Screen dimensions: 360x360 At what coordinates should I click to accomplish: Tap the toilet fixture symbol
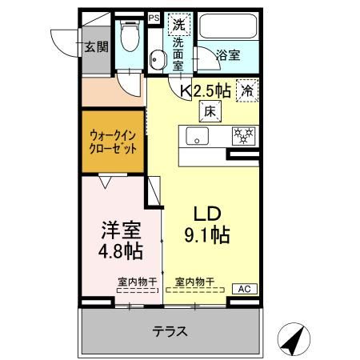click(128, 35)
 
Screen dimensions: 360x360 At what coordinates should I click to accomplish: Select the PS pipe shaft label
click(154, 15)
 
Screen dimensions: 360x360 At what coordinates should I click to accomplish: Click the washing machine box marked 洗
click(179, 25)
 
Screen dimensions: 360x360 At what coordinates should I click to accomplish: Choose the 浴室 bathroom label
click(227, 55)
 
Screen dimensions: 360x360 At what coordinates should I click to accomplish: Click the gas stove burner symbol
click(242, 135)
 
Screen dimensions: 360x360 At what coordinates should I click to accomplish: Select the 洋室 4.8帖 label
click(121, 240)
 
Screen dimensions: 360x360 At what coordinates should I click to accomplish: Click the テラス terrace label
click(169, 330)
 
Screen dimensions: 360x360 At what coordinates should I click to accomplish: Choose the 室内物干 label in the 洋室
click(135, 281)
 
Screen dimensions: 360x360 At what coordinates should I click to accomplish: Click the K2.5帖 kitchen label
click(209, 91)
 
